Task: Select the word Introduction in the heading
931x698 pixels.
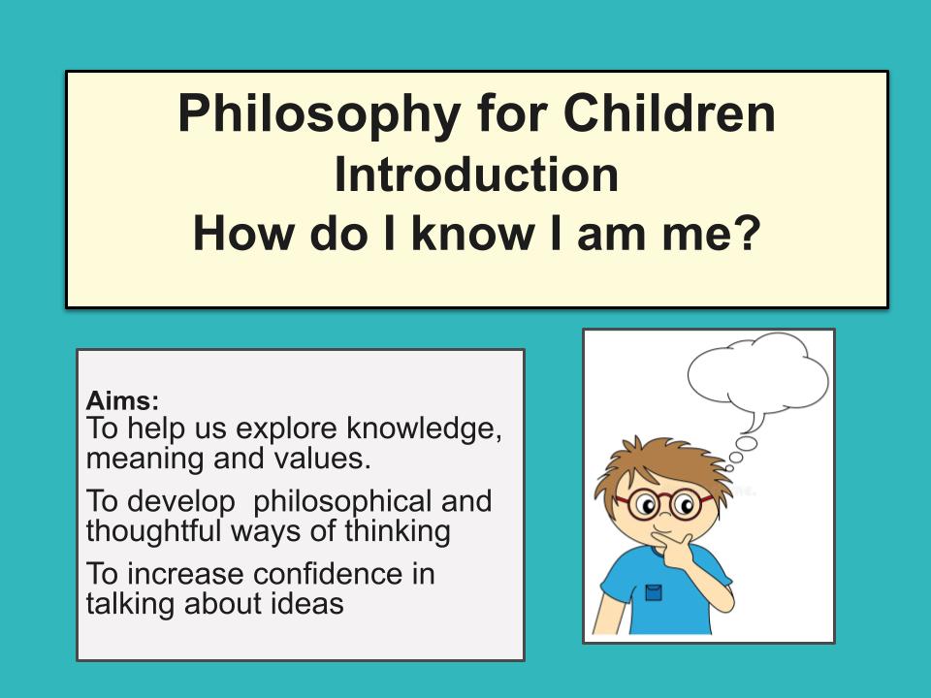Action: point(476,174)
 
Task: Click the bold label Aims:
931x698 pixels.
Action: point(122,399)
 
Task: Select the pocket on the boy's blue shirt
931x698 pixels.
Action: point(653,591)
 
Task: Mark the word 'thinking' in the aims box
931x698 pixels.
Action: point(393,530)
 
